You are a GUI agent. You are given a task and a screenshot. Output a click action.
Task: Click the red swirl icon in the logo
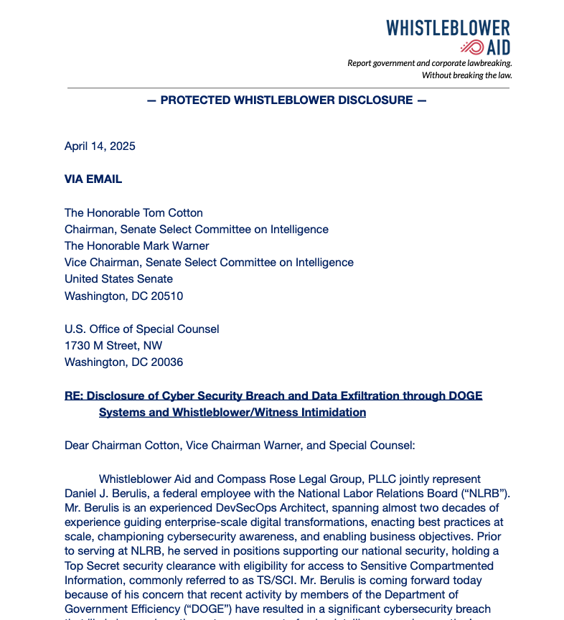click(472, 47)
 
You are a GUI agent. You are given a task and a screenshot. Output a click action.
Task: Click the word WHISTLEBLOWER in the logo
click(448, 28)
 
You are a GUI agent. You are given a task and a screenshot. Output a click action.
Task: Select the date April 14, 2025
click(100, 146)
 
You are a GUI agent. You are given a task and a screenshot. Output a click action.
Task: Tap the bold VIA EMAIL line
click(93, 179)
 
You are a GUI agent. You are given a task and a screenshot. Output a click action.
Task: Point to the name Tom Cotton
click(171, 213)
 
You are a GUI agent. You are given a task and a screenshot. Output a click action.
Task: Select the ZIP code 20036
click(166, 362)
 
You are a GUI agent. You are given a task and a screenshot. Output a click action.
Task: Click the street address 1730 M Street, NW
click(113, 346)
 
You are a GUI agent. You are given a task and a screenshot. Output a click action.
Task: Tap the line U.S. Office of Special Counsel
click(142, 329)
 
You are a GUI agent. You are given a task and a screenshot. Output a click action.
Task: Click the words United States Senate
click(118, 279)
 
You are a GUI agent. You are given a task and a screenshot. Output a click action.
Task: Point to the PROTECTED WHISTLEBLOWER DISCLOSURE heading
click(286, 100)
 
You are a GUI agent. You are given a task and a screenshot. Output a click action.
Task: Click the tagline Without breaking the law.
click(466, 75)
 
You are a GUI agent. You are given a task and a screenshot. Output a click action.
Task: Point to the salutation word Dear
click(77, 446)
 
